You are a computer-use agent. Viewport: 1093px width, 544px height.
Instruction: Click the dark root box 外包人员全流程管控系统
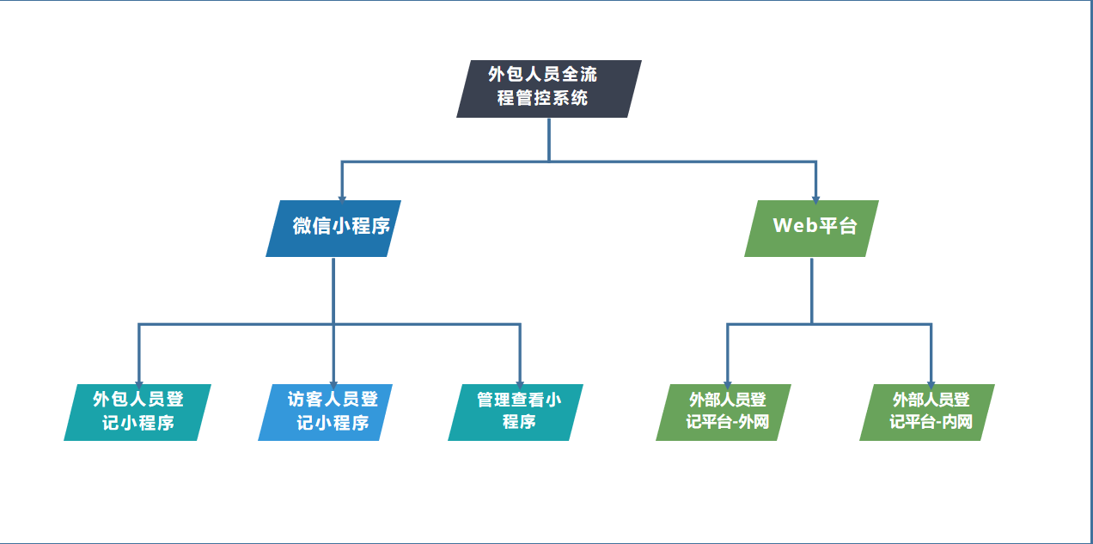coord(549,89)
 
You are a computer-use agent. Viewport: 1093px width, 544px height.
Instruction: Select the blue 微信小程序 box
coord(333,229)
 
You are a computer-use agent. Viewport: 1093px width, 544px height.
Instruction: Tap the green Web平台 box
coord(811,229)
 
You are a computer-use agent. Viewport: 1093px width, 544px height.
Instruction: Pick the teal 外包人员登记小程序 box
coord(137,413)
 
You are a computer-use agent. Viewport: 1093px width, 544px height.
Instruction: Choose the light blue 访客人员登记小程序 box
coord(326,413)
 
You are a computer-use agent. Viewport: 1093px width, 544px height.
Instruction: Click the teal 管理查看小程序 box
coord(516,413)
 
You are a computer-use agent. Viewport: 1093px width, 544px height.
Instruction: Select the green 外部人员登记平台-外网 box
coord(724,413)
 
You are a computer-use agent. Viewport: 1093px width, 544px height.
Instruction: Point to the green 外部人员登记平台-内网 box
coord(927,413)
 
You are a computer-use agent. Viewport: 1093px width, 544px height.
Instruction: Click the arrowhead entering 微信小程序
coord(342,199)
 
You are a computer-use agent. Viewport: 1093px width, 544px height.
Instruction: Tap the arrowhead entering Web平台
coord(815,199)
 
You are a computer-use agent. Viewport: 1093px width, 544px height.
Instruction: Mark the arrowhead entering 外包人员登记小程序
coord(139,385)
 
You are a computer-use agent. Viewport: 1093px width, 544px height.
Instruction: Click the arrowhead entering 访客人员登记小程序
coord(333,385)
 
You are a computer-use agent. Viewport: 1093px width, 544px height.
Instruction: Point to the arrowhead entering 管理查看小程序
coord(520,385)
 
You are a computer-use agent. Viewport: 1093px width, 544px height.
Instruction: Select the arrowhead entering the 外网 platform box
coord(728,385)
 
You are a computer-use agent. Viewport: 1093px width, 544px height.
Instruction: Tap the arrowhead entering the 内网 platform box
coord(931,385)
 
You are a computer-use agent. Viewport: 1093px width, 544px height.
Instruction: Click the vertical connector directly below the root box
coord(549,139)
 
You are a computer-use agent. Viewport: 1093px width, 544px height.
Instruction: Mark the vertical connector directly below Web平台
coord(812,290)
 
